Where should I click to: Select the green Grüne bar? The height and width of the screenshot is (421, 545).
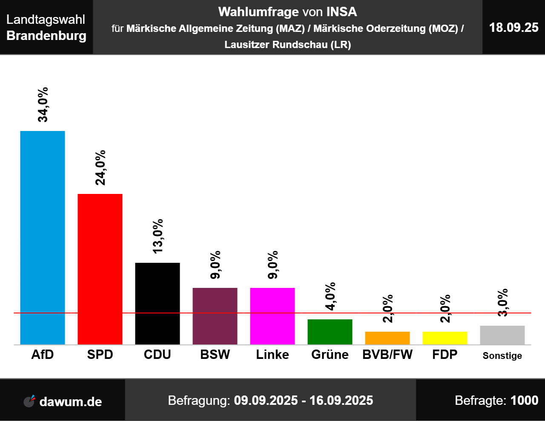point(330,332)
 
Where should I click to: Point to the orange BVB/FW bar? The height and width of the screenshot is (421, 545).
point(387,338)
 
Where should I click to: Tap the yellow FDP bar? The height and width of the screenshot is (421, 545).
point(445,338)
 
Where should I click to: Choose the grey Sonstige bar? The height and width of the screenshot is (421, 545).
point(502,335)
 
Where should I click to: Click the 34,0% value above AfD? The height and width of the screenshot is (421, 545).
point(43,105)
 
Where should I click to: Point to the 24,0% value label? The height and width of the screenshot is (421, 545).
point(100,168)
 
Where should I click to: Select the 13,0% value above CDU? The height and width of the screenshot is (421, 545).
point(158,236)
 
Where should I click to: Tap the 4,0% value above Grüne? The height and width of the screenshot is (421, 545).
point(330,296)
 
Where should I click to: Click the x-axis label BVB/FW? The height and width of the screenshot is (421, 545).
point(387,355)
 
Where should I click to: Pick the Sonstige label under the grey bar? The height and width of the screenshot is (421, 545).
point(502,356)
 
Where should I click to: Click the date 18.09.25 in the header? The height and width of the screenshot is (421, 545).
point(514,27)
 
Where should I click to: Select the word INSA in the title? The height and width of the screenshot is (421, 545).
point(341,12)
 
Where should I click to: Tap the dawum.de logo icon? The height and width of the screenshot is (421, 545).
point(29,401)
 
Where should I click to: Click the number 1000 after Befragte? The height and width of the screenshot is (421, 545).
point(524,400)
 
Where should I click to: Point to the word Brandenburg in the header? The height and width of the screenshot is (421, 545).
point(46,35)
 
